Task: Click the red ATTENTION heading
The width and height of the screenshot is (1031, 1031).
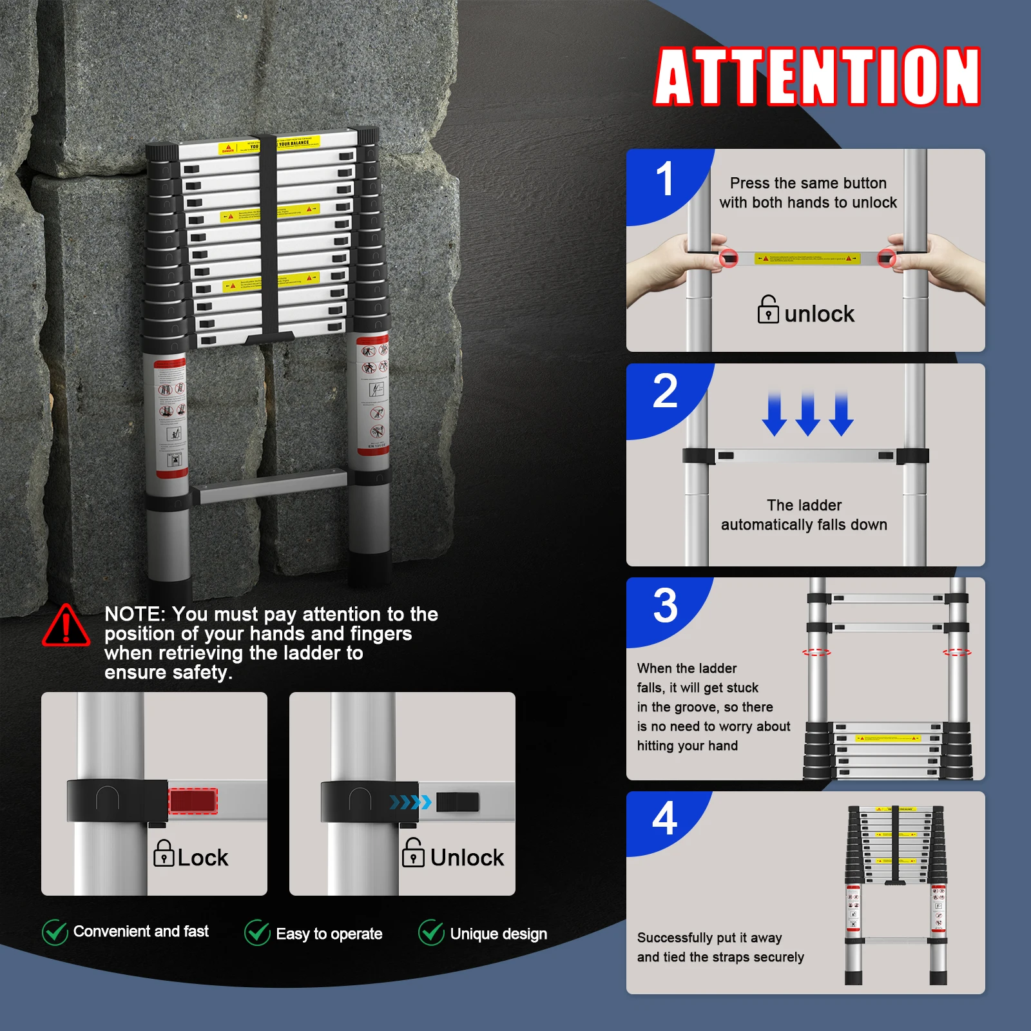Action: click(817, 77)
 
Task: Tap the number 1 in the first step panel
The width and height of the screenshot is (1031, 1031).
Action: click(664, 180)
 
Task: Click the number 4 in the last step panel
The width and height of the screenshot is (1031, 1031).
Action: click(664, 818)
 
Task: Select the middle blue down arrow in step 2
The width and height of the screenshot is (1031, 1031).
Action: click(807, 414)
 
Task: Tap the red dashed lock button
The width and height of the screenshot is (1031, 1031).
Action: click(193, 801)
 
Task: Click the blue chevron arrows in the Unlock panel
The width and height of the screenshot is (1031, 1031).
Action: click(410, 802)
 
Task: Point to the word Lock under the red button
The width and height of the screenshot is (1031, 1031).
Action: click(202, 858)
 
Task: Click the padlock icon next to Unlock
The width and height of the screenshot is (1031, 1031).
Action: click(413, 853)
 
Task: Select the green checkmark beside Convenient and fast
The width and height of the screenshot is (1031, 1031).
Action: click(55, 932)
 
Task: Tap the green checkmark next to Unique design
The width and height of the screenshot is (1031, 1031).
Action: click(431, 932)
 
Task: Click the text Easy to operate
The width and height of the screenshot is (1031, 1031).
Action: click(329, 934)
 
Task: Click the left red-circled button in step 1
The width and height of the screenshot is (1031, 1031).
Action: click(728, 258)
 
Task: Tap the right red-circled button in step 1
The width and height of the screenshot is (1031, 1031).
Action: click(887, 258)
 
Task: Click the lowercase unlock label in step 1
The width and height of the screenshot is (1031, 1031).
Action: click(818, 314)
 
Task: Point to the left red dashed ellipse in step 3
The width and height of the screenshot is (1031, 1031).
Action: click(816, 652)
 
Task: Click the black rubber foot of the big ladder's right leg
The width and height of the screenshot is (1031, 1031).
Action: click(370, 568)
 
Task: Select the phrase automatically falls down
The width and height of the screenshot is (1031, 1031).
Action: click(804, 525)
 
